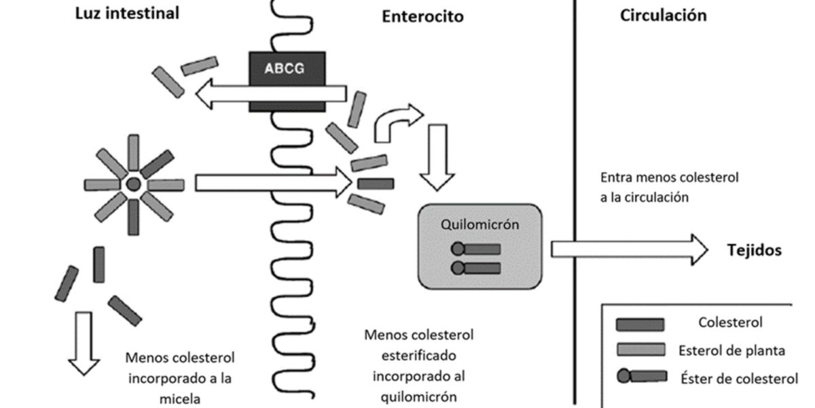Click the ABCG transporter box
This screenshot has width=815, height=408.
tap(285, 69)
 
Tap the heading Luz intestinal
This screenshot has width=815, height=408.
tap(127, 14)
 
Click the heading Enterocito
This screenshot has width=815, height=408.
tap(422, 17)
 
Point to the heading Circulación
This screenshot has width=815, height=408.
tap(663, 16)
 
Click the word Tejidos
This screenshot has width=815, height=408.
tap(755, 250)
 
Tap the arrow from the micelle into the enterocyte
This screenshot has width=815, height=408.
tap(272, 183)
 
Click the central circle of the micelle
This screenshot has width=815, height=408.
tap(134, 184)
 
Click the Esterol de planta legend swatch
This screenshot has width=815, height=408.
tap(639, 350)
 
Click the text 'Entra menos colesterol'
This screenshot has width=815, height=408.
tap(669, 178)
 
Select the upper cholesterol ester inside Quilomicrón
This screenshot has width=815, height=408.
tap(476, 249)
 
